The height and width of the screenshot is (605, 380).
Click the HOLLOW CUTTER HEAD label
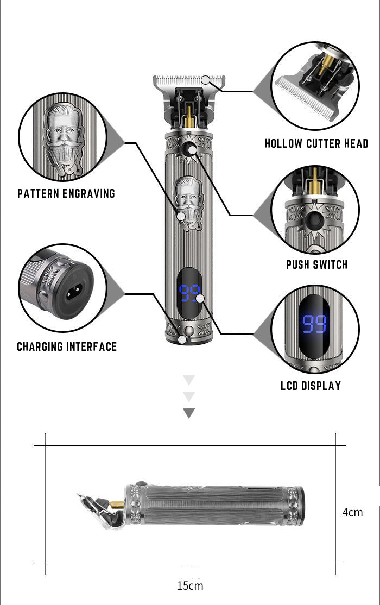click(316, 144)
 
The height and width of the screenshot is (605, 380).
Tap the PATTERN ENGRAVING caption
click(66, 193)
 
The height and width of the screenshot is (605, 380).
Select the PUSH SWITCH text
click(316, 265)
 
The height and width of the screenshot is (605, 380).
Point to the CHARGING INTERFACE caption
click(67, 346)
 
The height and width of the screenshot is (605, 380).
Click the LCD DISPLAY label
click(311, 386)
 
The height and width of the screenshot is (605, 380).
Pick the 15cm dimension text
click(190, 585)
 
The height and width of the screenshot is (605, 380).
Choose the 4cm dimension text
click(353, 512)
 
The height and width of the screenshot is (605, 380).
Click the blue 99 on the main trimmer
click(188, 294)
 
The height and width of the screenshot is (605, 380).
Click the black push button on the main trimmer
click(189, 152)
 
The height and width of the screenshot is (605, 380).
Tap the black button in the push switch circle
click(314, 222)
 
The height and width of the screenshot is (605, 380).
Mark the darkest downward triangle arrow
click(188, 413)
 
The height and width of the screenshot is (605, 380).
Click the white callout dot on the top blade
click(205, 80)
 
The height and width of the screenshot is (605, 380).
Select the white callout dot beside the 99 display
click(200, 298)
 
